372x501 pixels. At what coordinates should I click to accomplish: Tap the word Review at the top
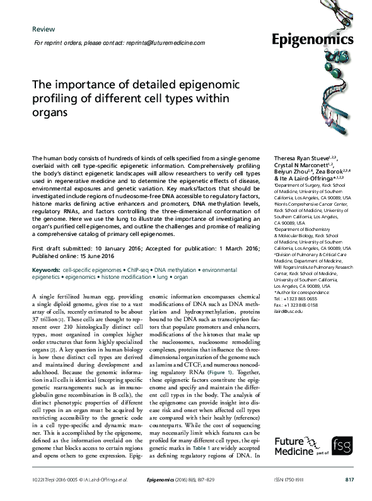[x=43, y=29]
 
